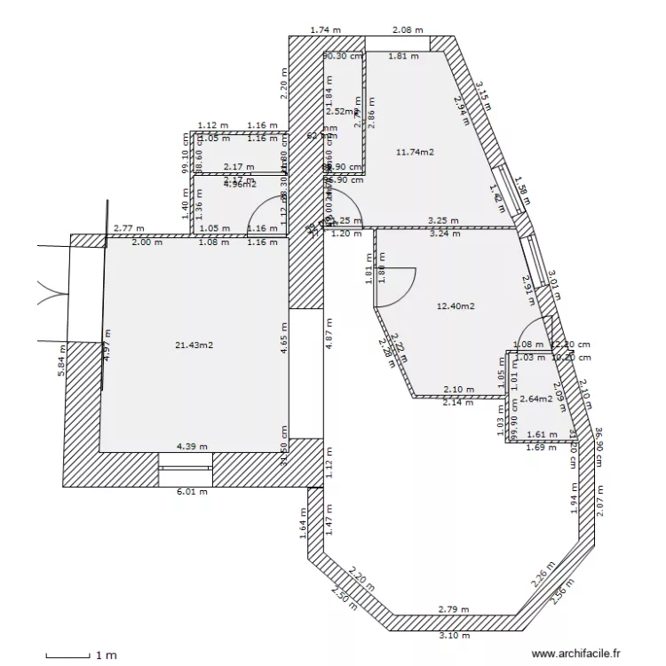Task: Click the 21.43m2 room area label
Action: pos(195,345)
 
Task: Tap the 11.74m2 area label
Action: pos(415,152)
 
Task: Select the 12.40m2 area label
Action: pos(456,306)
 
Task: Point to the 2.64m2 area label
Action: pos(536,399)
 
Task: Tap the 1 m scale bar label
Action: pos(106,656)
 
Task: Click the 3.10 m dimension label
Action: pos(454,635)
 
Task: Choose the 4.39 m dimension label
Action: pos(192,446)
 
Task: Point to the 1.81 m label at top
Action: pos(403,57)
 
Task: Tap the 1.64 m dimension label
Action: pos(303,529)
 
